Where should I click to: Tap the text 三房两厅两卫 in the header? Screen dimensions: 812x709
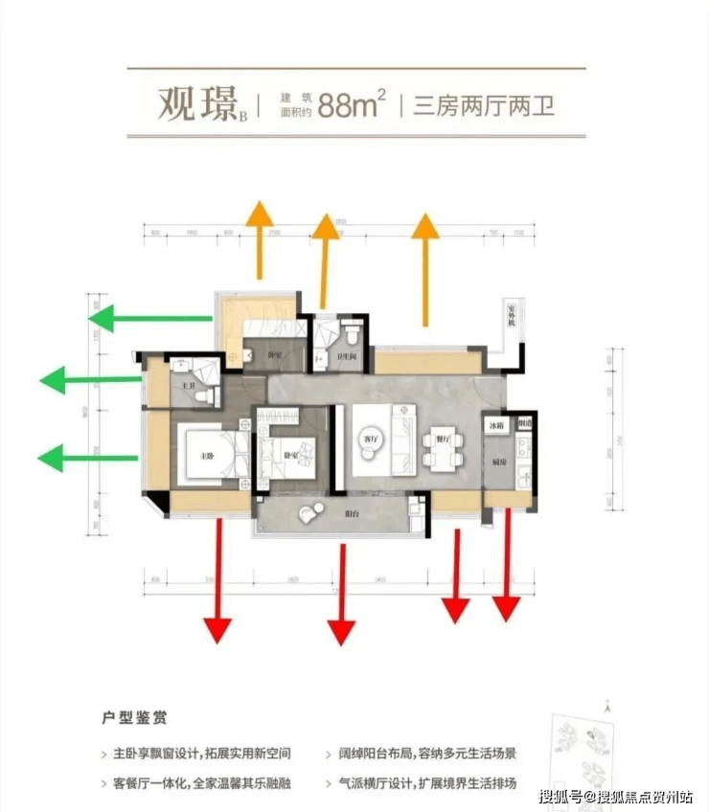click(484, 104)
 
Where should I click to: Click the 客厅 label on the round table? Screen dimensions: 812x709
click(369, 439)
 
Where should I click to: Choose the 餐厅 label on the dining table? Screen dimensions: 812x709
click(442, 440)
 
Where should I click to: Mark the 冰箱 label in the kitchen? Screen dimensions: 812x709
click(494, 425)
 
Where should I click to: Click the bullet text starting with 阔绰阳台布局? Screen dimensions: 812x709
click(421, 754)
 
